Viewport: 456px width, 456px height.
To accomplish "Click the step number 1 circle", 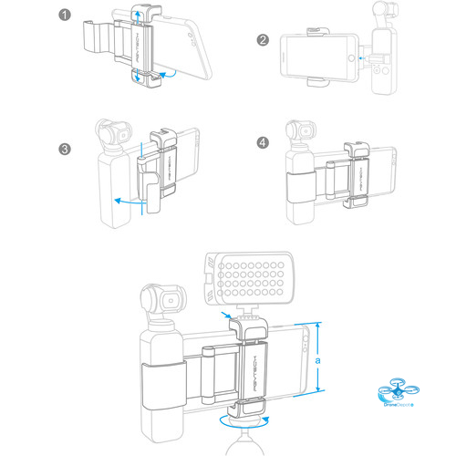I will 64,16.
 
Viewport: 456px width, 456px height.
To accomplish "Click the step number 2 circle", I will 263,40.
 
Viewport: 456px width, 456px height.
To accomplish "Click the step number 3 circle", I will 64,150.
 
